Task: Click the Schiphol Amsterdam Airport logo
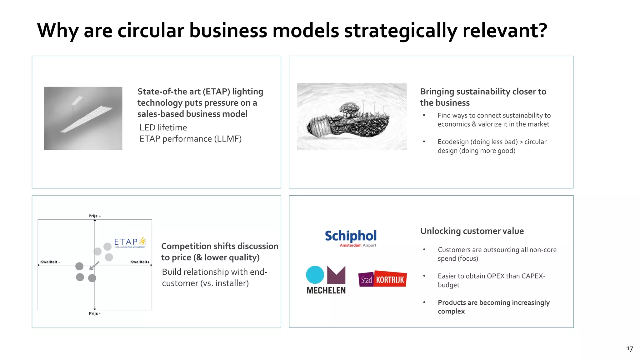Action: (x=351, y=238)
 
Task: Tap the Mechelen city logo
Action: (x=326, y=280)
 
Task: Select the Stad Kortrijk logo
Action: (x=382, y=279)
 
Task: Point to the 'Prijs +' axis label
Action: (x=95, y=216)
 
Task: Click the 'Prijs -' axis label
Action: (x=95, y=313)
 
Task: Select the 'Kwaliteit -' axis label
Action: (x=50, y=262)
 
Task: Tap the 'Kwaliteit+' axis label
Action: (x=140, y=262)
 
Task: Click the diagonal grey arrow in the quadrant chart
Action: (x=94, y=265)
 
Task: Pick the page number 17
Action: (x=629, y=349)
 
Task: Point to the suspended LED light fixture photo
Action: (x=83, y=118)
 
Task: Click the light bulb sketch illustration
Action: (x=352, y=117)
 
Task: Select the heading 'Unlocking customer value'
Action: (x=472, y=231)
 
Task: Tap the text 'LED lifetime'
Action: (x=163, y=127)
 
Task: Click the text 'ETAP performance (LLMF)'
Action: (x=190, y=139)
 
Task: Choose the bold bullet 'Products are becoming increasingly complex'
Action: (x=493, y=307)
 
